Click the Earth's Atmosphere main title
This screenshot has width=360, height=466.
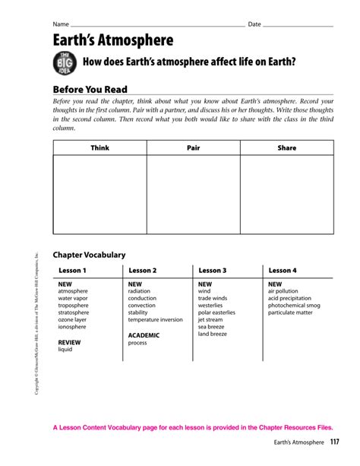[x=112, y=41]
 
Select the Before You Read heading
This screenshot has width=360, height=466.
[x=90, y=90]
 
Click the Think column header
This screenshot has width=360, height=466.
[x=99, y=147]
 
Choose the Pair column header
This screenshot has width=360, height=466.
[x=193, y=147]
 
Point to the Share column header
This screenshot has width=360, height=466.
[x=286, y=147]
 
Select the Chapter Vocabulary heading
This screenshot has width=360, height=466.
[x=88, y=255]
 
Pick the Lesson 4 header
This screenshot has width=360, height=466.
[x=283, y=270]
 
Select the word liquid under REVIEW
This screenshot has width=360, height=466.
[x=65, y=350]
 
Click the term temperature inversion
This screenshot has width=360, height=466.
[x=156, y=319]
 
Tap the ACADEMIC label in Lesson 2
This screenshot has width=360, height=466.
[x=144, y=335]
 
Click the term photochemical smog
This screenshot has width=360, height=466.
[x=294, y=305]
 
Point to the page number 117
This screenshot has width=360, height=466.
[x=334, y=442]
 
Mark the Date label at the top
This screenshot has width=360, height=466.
[x=254, y=24]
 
